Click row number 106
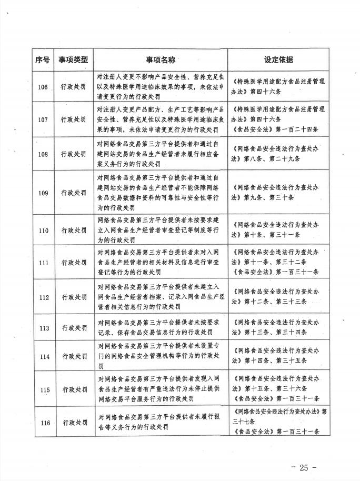coord(43,87)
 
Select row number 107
coord(43,119)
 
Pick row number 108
coord(43,154)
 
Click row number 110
coord(43,230)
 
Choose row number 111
coord(43,262)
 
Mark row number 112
coord(43,297)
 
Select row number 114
coord(43,356)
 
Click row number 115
coord(43,389)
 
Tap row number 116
coord(43,422)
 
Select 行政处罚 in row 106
coord(73,87)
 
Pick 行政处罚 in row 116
coord(73,422)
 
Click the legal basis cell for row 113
coord(278,328)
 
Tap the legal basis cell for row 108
coord(278,154)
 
